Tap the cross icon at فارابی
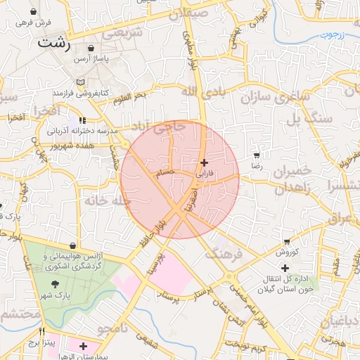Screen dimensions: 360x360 [x=204, y=162]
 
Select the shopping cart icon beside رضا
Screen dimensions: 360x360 [x=257, y=155]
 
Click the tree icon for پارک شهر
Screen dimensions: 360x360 [x=55, y=285]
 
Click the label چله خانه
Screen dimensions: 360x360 [x=108, y=200]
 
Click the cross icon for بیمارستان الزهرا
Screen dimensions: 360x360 [x=84, y=346]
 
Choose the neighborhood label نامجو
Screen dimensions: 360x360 [x=112, y=328]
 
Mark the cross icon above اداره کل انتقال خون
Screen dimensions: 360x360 [x=285, y=268]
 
